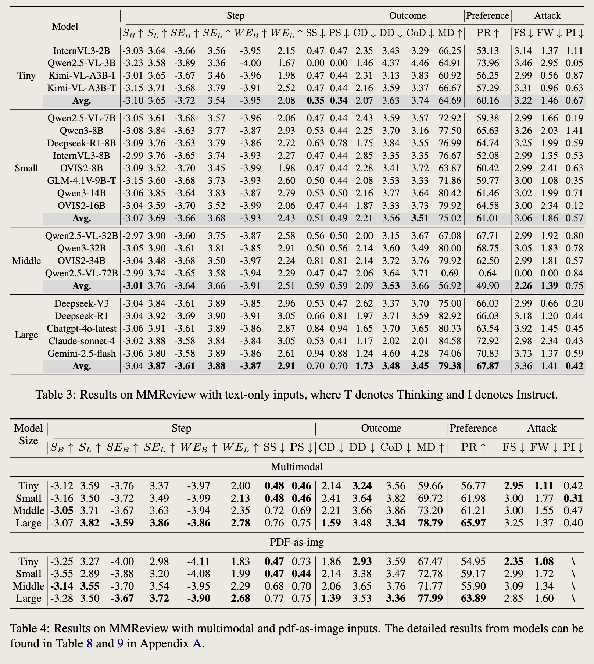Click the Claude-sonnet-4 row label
click(x=82, y=341)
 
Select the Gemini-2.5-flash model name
click(x=82, y=353)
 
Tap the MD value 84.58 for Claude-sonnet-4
click(x=450, y=341)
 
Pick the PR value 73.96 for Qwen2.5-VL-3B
click(x=487, y=63)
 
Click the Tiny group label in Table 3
click(x=26, y=76)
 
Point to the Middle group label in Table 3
click(x=26, y=261)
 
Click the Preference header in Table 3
click(x=487, y=16)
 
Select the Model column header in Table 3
click(x=65, y=26)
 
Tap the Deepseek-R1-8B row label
click(x=82, y=143)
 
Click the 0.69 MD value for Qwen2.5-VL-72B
click(x=450, y=273)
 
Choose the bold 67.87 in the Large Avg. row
click(x=487, y=366)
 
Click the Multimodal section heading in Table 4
click(x=297, y=467)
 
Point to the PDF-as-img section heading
click(x=297, y=542)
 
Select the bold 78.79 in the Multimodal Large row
click(x=430, y=523)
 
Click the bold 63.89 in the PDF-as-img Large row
click(x=473, y=598)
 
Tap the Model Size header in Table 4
click(x=28, y=434)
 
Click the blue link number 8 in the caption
click(x=89, y=643)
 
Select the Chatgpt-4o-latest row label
click(x=82, y=328)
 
